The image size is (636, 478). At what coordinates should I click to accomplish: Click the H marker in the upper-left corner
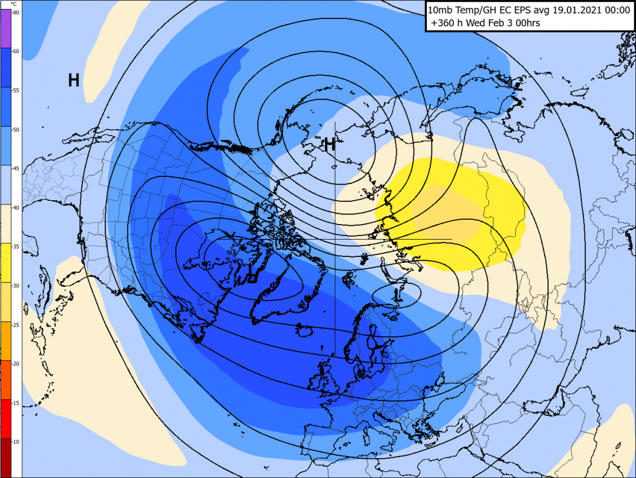click(x=74, y=81)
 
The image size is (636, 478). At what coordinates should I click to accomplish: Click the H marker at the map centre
click(x=329, y=143)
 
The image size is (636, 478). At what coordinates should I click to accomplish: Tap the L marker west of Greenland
click(x=252, y=275)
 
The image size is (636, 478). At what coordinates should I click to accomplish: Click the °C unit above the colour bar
click(x=14, y=4)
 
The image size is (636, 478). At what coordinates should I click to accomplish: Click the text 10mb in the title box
click(x=440, y=10)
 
